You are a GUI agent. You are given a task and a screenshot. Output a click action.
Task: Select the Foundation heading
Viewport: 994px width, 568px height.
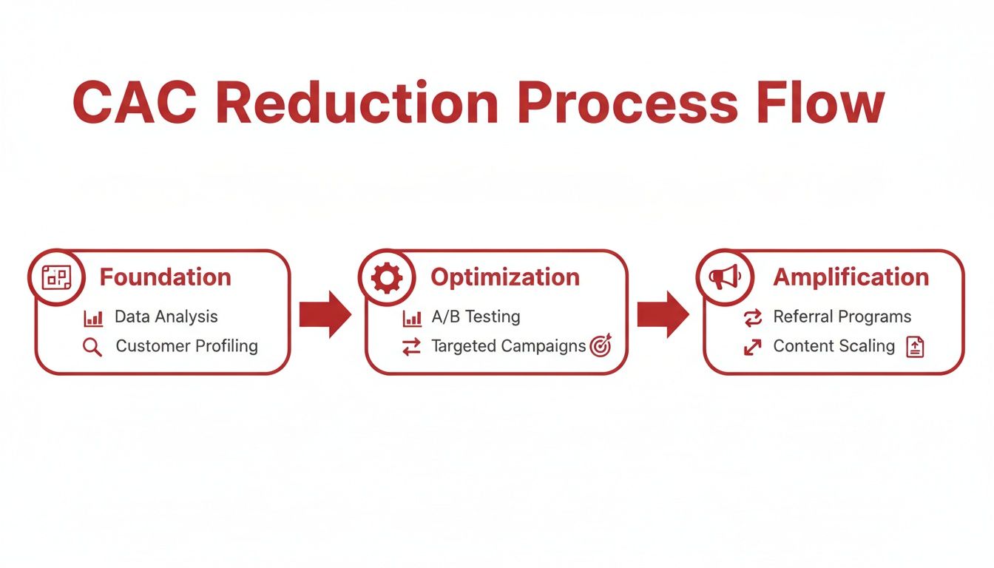coord(165,277)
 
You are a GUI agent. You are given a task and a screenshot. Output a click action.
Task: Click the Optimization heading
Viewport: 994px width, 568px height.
coord(505,277)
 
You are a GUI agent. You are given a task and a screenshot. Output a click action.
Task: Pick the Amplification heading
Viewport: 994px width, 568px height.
coord(851,277)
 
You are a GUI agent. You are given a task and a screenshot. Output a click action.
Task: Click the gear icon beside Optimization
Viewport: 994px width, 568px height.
coord(386,278)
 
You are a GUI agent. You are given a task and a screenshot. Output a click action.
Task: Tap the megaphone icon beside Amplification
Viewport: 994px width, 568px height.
coord(724,278)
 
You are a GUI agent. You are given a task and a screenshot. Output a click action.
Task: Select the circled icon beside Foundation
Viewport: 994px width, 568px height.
coord(55,278)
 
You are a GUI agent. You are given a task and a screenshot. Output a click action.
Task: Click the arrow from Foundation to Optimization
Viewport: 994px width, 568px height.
coord(325,314)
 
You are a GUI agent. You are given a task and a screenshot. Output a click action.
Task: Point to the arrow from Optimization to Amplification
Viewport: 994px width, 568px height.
coord(663,314)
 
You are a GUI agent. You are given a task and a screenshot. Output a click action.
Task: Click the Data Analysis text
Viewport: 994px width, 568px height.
coord(166,317)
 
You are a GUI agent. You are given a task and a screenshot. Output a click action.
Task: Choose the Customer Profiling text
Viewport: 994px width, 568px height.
coord(186,346)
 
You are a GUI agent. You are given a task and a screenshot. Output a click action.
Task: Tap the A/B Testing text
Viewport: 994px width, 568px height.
coord(476,317)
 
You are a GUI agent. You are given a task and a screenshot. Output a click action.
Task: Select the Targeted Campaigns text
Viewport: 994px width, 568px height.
coord(508,346)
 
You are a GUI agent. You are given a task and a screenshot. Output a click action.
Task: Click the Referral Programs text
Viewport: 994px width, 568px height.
coord(842,317)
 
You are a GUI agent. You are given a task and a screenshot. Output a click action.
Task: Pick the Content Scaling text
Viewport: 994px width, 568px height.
coord(834,346)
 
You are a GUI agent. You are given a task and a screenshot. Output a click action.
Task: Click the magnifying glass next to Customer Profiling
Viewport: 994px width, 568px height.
coord(92,347)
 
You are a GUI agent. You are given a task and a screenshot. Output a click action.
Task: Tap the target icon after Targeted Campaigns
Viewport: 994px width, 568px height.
coord(600,346)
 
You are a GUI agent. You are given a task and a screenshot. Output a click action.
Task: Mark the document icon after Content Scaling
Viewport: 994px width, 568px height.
coord(915,347)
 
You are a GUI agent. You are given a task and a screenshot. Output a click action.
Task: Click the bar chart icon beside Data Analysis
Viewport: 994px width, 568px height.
coord(93,319)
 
